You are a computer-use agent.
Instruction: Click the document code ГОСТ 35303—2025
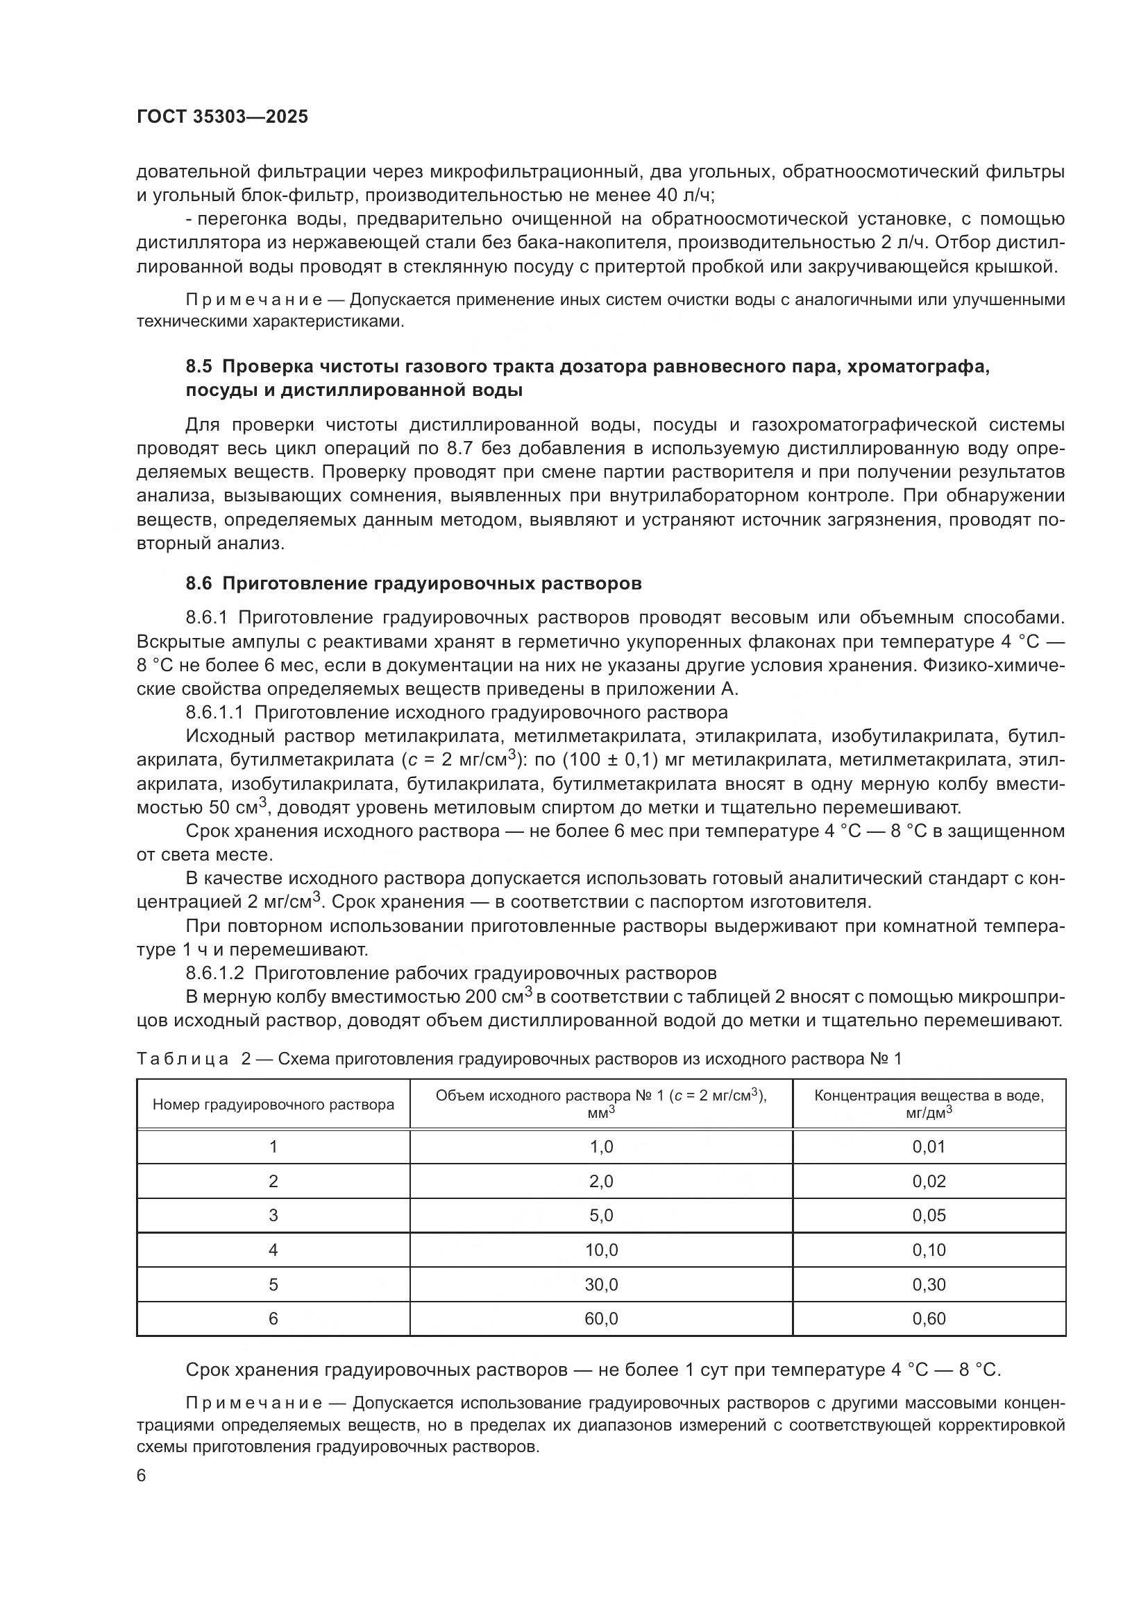pos(222,117)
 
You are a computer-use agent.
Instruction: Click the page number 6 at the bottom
pos(142,1477)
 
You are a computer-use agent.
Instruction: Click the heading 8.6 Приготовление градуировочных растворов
pos(414,583)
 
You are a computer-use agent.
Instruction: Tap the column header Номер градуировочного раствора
pos(273,1105)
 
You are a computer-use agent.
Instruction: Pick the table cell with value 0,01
pos(928,1147)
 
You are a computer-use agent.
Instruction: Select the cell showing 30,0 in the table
pos(601,1285)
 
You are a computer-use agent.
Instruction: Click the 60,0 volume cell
pos(601,1319)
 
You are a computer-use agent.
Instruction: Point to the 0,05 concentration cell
pos(928,1216)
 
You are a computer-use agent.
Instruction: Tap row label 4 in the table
pos(273,1250)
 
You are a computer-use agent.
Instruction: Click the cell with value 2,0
pos(601,1182)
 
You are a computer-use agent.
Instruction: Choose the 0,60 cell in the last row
pos(928,1319)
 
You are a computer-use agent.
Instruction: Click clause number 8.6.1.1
pos(215,712)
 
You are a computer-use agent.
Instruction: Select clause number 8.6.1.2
pos(215,974)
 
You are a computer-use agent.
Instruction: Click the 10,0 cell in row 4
pos(601,1250)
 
